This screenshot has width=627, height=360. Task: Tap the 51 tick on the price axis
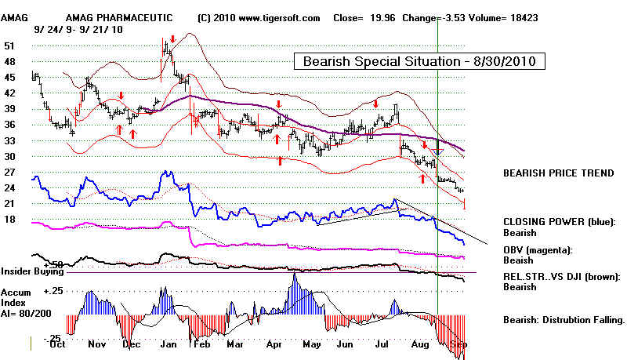[x=9, y=46]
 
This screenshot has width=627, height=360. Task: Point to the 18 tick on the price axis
[x=9, y=220]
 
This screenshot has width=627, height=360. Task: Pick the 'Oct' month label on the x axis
[x=56, y=344]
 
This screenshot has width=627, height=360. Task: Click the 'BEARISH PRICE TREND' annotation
[x=557, y=173]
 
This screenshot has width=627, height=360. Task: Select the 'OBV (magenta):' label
[x=538, y=249]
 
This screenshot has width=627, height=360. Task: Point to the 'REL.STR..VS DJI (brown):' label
[x=562, y=277]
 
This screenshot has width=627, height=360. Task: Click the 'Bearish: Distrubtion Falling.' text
[x=564, y=320]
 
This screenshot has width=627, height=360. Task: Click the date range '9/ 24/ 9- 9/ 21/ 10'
[x=76, y=29]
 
